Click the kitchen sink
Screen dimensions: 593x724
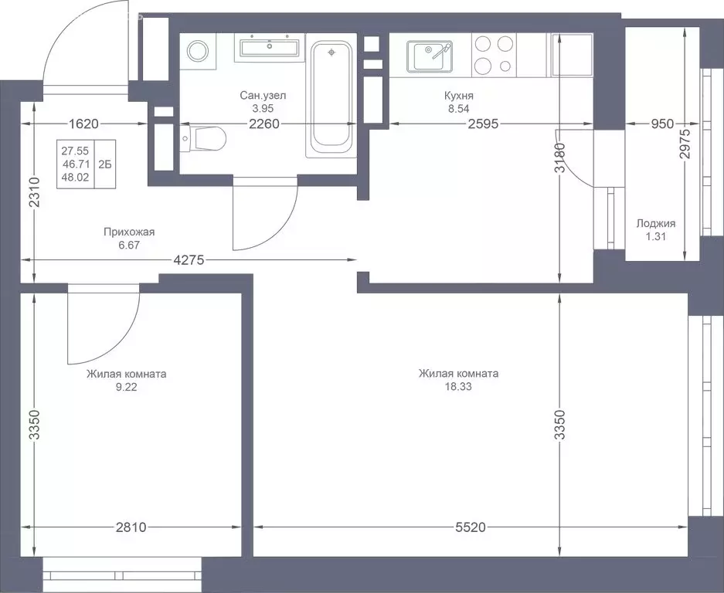tap(430, 56)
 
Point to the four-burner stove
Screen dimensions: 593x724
tap(493, 56)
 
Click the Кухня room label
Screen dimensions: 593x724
tap(458, 96)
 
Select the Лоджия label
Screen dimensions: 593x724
tap(655, 223)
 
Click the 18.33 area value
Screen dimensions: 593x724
tap(458, 387)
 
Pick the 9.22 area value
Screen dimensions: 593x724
tap(127, 387)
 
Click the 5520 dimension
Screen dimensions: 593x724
tap(470, 527)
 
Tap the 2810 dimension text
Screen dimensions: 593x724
tap(130, 527)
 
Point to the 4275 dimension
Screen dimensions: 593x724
tap(188, 261)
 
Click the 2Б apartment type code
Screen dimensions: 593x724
tap(104, 164)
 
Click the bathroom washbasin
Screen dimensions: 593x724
tap(269, 48)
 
